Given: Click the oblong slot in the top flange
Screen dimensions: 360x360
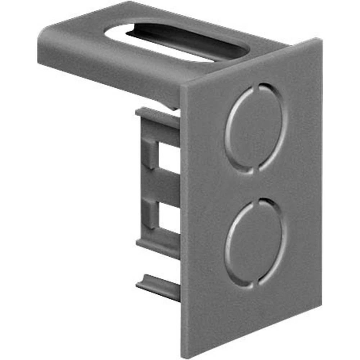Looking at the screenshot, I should click(173, 40).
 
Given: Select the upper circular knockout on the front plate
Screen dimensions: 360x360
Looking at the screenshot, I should click(256, 128).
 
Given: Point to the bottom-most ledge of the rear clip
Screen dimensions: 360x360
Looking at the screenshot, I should click(158, 287).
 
